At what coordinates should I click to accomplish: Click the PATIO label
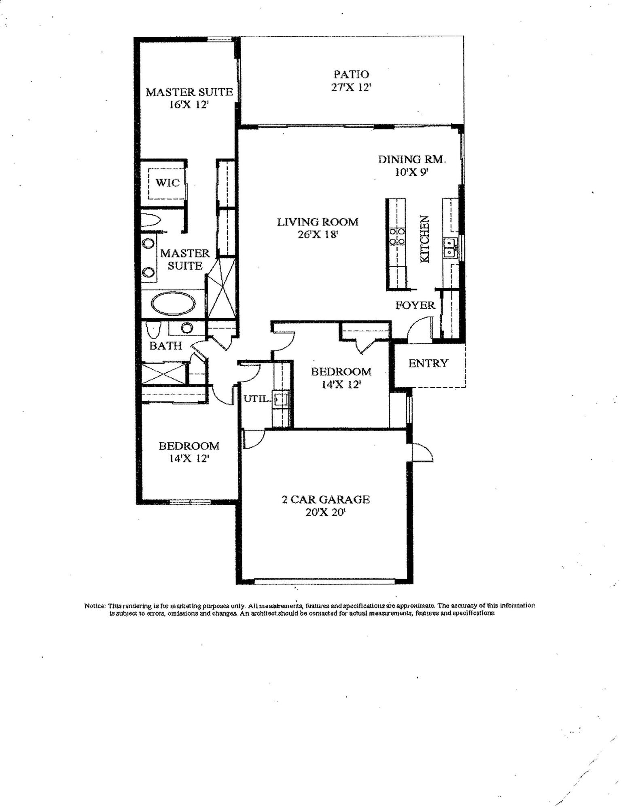[351, 74]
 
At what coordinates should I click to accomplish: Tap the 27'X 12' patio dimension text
[351, 87]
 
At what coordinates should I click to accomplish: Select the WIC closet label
[167, 183]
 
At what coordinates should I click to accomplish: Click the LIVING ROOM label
[318, 222]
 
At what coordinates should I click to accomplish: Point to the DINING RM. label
[412, 159]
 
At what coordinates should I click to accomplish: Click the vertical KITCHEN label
[424, 239]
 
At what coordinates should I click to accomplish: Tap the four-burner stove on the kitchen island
[397, 237]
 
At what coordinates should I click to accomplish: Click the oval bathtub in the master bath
[173, 304]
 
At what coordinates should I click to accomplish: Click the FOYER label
[415, 305]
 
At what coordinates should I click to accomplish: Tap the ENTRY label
[428, 363]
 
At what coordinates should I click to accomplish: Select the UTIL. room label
[256, 399]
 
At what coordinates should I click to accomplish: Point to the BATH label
[165, 346]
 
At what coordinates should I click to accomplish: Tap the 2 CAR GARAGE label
[325, 500]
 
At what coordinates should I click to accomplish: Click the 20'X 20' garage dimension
[325, 513]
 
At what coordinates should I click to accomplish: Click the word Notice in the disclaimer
[94, 606]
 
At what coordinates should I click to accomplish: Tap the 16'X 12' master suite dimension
[189, 105]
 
